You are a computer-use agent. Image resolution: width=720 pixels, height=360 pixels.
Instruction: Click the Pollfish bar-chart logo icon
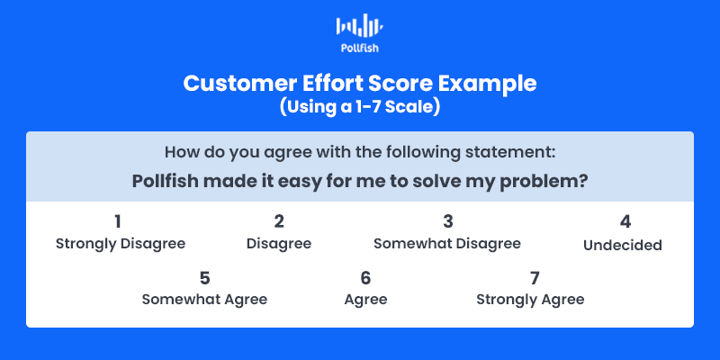point(359,25)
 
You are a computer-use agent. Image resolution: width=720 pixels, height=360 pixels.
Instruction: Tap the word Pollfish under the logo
point(360,48)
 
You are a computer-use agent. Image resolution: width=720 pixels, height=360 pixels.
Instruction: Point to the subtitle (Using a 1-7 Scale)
point(360,107)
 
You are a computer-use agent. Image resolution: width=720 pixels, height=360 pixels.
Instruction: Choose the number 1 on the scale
point(118,221)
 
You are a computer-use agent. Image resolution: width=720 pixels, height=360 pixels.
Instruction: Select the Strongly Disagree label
point(121,243)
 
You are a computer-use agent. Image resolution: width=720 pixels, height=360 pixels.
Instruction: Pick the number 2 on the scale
point(279,221)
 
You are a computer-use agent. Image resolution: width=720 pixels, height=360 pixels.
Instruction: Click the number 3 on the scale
point(447,221)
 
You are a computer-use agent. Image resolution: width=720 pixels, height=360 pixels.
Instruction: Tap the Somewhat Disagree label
point(447,243)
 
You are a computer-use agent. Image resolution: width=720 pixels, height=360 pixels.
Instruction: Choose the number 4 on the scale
point(625,222)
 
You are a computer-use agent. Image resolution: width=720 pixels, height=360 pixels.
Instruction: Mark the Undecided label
point(623,245)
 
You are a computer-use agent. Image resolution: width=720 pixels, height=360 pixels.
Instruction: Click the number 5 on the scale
point(205,278)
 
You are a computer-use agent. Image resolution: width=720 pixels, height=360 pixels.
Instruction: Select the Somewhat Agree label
point(204,300)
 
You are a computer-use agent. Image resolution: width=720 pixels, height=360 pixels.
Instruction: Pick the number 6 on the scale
point(365,278)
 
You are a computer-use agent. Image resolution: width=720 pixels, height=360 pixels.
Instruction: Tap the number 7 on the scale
point(534,278)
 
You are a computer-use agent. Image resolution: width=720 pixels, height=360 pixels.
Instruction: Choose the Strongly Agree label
point(530,300)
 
